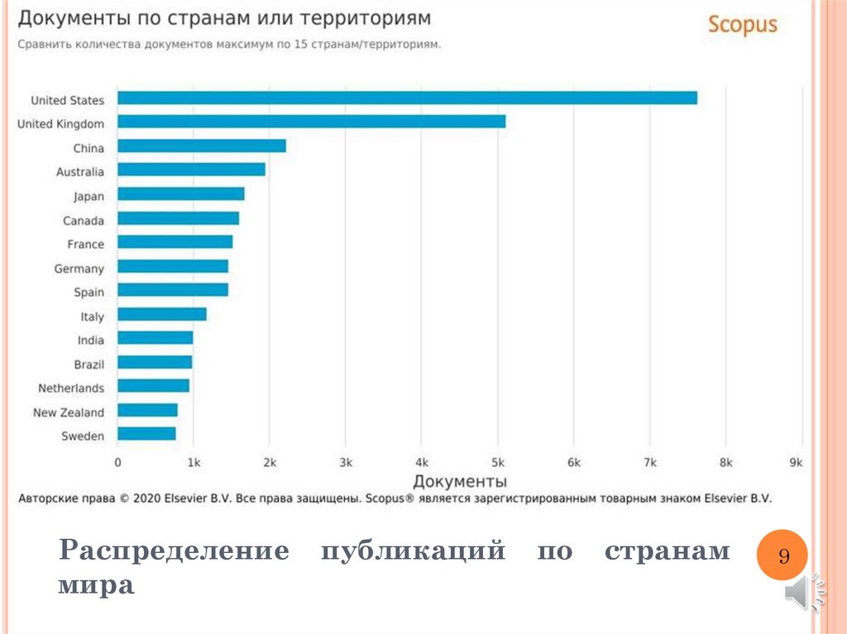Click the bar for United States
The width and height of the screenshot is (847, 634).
click(x=407, y=98)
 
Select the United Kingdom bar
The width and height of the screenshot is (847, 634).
click(x=311, y=122)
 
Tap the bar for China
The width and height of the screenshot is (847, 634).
click(x=201, y=146)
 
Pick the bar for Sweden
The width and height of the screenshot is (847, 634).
click(x=146, y=434)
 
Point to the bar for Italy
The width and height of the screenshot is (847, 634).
click(x=161, y=314)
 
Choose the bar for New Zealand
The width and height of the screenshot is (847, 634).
click(x=147, y=410)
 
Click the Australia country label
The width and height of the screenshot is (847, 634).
click(x=80, y=172)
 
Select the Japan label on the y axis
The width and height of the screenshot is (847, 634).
click(x=89, y=197)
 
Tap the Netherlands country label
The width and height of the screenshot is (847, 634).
click(x=71, y=388)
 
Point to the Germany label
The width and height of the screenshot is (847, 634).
click(x=79, y=269)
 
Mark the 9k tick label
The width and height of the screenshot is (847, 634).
click(x=796, y=463)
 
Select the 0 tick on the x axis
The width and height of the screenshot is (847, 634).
click(x=117, y=463)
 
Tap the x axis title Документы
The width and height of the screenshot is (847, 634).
click(x=460, y=481)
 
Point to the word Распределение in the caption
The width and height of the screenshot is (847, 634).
click(x=174, y=551)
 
